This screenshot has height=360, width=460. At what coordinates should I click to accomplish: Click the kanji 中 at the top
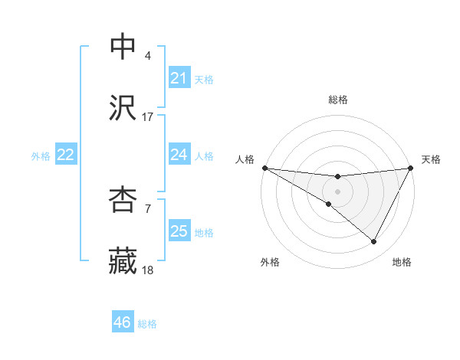click(x=123, y=47)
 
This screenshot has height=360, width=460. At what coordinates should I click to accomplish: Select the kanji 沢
click(x=123, y=107)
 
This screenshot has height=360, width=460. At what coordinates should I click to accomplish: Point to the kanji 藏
click(x=123, y=260)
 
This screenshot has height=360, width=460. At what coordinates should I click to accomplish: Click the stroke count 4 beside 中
click(x=148, y=57)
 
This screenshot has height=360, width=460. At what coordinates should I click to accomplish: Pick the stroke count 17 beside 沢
click(x=148, y=117)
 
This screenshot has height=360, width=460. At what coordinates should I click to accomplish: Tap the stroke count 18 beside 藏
click(x=148, y=270)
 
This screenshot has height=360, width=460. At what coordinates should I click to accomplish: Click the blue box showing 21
click(x=179, y=78)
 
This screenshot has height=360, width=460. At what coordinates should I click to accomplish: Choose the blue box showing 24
click(x=179, y=155)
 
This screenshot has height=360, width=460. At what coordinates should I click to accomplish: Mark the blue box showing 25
click(x=179, y=231)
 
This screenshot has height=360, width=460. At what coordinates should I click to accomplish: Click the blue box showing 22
click(x=66, y=155)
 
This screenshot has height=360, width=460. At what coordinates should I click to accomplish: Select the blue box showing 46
click(x=123, y=323)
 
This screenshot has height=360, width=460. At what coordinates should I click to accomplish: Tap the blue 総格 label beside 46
click(x=148, y=324)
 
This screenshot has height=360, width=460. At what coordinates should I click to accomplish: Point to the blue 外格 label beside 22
click(x=41, y=155)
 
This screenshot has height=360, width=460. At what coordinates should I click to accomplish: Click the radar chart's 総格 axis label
click(x=338, y=100)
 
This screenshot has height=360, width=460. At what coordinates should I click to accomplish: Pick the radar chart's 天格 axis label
click(x=431, y=159)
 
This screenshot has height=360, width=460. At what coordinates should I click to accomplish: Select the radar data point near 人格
click(x=264, y=168)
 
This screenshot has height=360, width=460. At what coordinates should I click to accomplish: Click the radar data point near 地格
click(x=374, y=242)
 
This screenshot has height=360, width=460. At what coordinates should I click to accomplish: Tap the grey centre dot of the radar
click(x=338, y=191)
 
